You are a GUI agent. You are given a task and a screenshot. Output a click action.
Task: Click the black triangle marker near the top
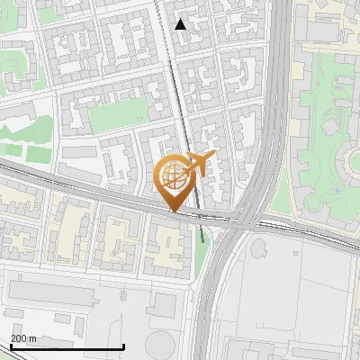click(x=181, y=24)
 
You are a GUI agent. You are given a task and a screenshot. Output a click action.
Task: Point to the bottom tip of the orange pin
click(x=174, y=212)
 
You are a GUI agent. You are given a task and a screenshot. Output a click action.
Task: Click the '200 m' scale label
click(x=23, y=338)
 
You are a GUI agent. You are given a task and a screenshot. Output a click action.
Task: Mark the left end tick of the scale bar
click(x=10, y=346)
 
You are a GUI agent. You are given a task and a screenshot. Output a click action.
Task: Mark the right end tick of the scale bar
click(x=123, y=346)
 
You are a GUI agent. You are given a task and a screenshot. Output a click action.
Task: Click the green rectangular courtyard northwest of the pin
click(x=118, y=112)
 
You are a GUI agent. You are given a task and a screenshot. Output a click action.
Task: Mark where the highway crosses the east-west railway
click(x=248, y=219)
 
